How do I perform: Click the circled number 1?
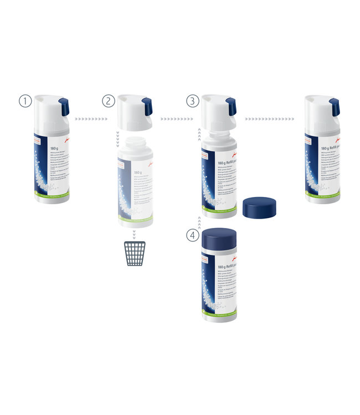point(25,101)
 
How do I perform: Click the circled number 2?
point(109,101)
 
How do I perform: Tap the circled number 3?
point(192,101)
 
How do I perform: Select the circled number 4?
point(192,236)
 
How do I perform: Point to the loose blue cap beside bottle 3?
point(260,206)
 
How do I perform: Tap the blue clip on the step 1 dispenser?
point(64,105)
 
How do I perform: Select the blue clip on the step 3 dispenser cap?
point(230,105)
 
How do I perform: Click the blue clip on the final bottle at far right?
point(334,105)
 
